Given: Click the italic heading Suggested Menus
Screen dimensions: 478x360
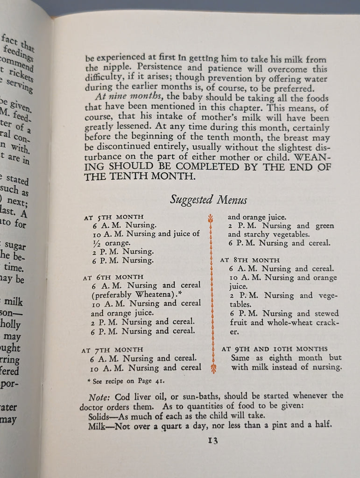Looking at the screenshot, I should [x=208, y=200].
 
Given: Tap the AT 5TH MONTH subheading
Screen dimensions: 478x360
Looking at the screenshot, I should [x=110, y=218].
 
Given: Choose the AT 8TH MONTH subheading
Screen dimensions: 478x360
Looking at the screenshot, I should [x=250, y=260].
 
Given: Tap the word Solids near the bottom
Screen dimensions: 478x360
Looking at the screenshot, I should [x=100, y=416].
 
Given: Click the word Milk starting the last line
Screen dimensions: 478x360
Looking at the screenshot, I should [x=97, y=426].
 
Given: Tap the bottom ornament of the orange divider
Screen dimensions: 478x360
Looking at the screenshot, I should [x=213, y=369].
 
